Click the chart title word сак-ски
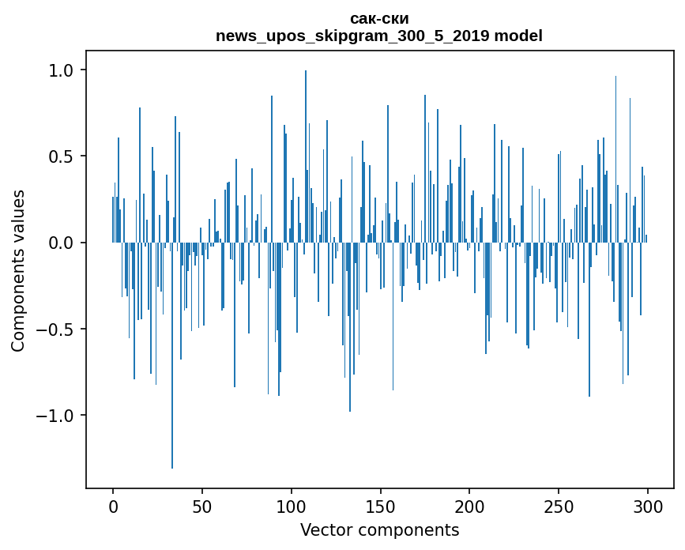[379, 19]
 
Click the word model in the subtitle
[518, 36]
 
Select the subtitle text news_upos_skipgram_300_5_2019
[352, 36]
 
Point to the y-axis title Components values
[18, 270]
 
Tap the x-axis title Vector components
[379, 529]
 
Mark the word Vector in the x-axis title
[324, 529]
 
